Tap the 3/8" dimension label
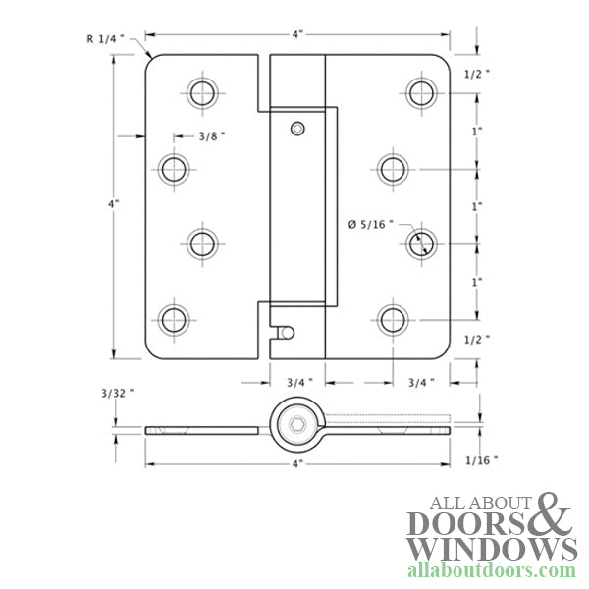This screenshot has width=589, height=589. coord(207,137)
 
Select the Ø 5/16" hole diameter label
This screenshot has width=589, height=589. coord(370,224)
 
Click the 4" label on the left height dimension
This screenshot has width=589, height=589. coord(114,204)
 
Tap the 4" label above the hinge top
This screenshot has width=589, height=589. coord(298,33)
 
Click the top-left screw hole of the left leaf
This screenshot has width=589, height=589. coord(201,93)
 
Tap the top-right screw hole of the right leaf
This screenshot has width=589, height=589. coord(422,93)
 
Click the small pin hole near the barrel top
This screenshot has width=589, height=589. coord(297,128)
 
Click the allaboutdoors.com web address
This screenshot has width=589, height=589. coord(492,570)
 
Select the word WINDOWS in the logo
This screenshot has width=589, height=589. coord(492,548)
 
